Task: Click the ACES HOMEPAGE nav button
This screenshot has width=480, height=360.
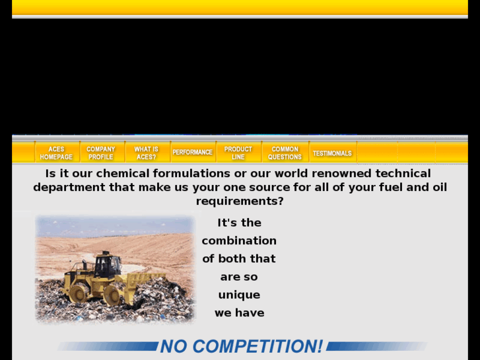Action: click(x=56, y=153)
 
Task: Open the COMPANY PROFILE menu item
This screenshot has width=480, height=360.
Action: click(x=101, y=153)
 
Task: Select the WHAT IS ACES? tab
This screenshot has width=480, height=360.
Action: click(x=147, y=153)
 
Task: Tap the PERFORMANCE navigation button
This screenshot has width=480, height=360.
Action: click(x=192, y=153)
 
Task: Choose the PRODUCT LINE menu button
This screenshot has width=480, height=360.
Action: click(x=238, y=153)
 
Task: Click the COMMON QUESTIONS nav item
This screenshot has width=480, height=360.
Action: click(x=285, y=153)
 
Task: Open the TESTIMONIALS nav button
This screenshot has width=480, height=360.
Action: click(x=332, y=153)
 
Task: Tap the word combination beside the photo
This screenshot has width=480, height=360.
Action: click(x=239, y=240)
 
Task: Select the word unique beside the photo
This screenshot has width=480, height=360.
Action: click(x=239, y=295)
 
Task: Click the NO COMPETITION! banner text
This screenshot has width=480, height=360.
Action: click(x=242, y=346)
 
